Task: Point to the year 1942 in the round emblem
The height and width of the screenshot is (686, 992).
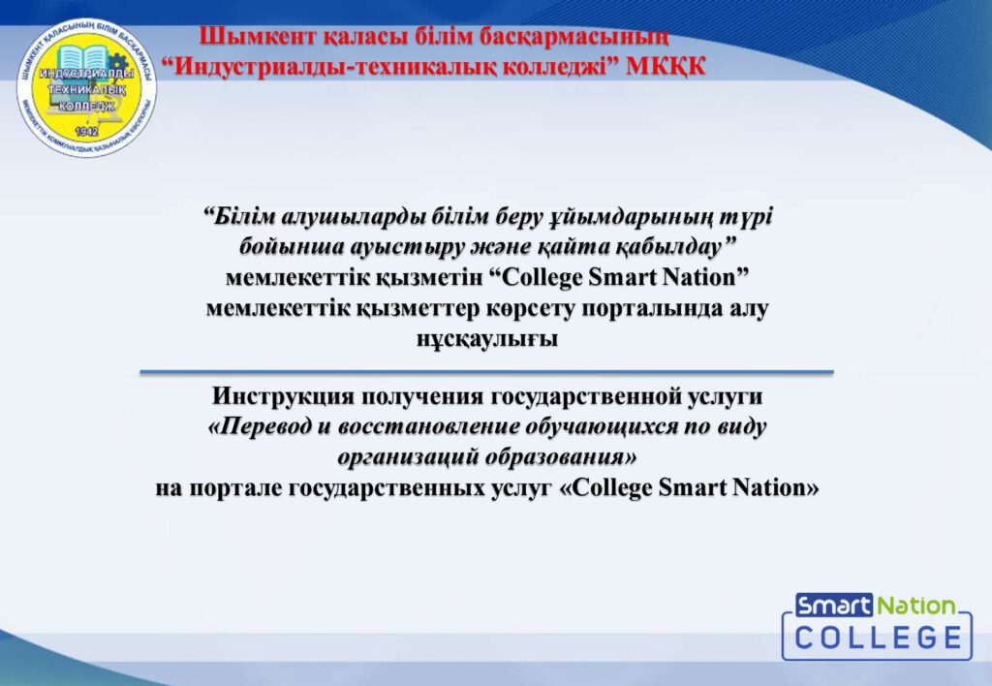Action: click(x=86, y=131)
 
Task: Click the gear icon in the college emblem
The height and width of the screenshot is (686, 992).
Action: click(x=117, y=62)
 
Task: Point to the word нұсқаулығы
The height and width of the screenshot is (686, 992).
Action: click(x=487, y=339)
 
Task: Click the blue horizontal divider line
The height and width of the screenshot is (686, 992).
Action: click(x=486, y=372)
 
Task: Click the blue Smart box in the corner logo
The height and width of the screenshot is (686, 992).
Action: click(x=834, y=606)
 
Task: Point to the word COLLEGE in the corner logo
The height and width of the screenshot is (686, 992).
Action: click(x=878, y=637)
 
